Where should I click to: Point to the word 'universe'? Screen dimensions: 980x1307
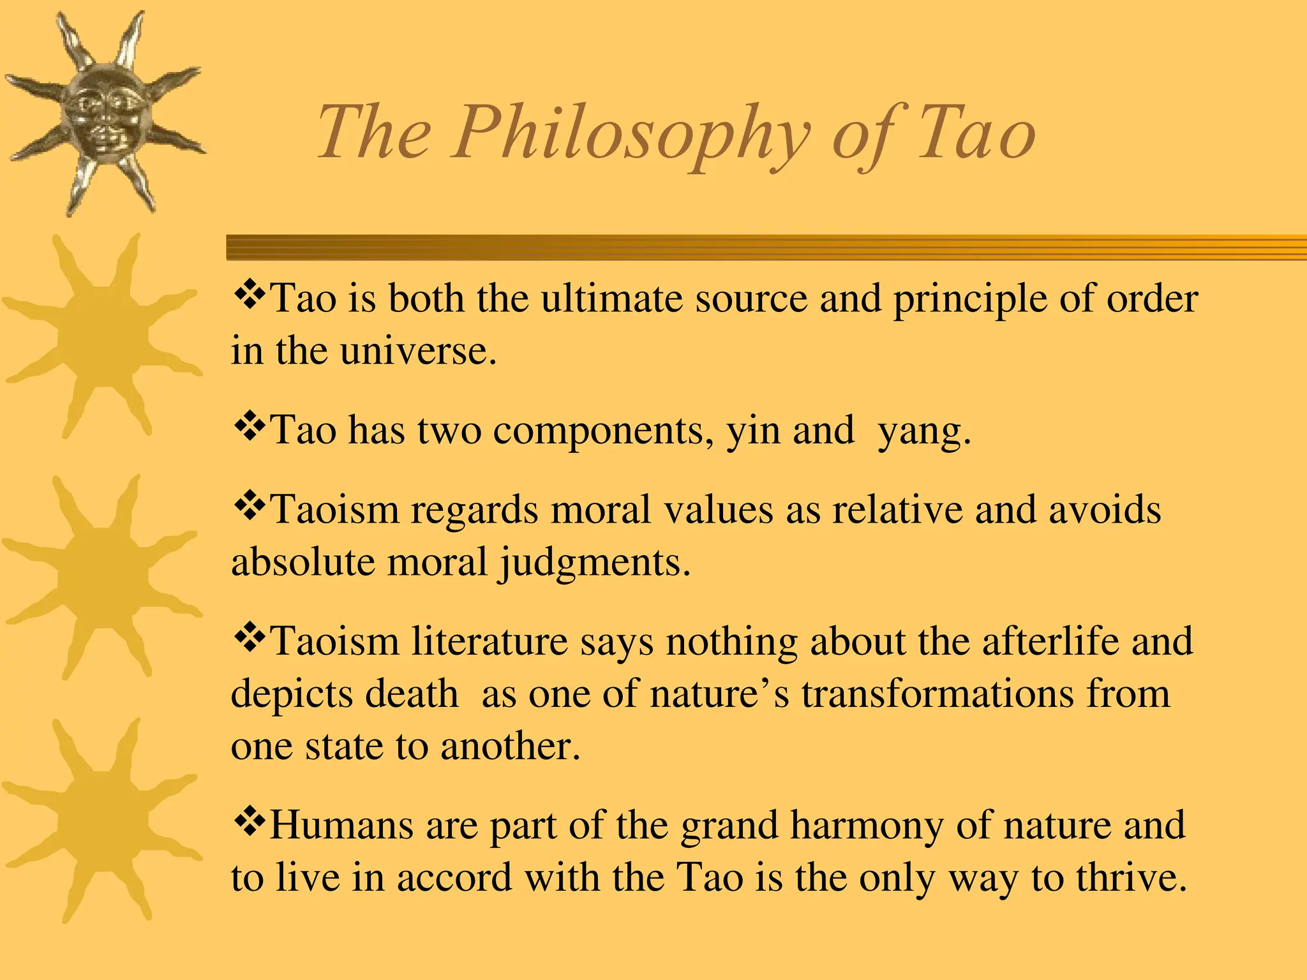click(x=417, y=350)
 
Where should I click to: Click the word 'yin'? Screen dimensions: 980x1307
click(x=754, y=431)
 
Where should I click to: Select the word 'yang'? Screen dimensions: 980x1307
click(x=924, y=433)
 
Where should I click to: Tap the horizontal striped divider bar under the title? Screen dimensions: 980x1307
click(x=766, y=248)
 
